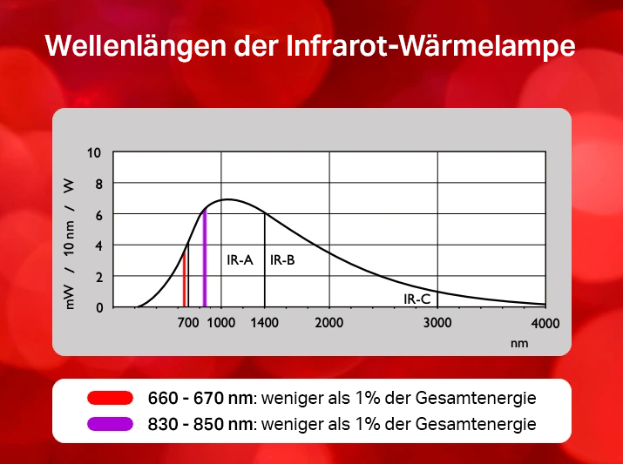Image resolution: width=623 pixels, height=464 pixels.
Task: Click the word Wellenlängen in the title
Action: tap(136, 46)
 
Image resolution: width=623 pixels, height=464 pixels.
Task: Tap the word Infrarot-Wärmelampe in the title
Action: tap(430, 45)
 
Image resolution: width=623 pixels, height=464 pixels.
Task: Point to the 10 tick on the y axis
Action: tap(94, 153)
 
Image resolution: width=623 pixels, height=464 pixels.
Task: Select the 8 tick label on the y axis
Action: tap(98, 184)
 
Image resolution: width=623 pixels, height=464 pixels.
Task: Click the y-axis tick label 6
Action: tap(98, 215)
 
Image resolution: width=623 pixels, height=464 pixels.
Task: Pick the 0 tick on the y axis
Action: tap(99, 307)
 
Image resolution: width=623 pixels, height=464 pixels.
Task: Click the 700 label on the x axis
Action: tap(188, 323)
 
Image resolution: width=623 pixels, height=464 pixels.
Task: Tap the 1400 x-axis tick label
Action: tap(264, 323)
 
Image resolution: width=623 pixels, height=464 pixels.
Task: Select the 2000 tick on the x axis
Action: tap(329, 323)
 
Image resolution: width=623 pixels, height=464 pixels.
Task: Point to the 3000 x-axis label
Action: tap(437, 323)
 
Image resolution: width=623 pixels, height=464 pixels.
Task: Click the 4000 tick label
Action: tap(545, 324)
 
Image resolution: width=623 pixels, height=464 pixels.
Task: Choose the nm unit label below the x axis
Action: tap(519, 343)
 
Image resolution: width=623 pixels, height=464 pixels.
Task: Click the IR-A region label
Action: tap(240, 260)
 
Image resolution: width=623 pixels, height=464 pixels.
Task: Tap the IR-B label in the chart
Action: tap(282, 260)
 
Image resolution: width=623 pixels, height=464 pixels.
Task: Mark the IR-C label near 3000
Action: tap(416, 299)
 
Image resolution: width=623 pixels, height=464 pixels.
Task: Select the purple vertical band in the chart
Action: tap(205, 259)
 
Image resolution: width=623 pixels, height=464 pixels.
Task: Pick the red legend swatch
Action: tap(110, 398)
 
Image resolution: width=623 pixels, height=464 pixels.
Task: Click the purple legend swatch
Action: tap(110, 424)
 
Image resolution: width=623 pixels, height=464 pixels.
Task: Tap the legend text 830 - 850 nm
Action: tap(200, 424)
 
